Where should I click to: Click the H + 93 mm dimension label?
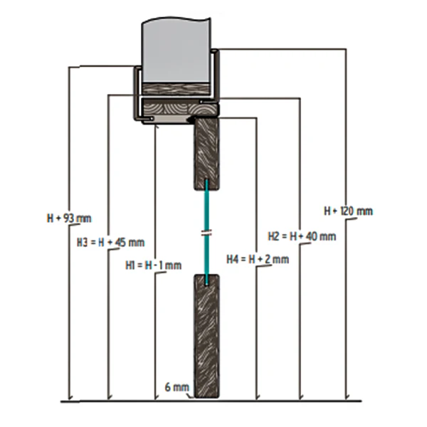click(x=70, y=218)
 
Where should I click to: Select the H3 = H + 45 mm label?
click(x=110, y=243)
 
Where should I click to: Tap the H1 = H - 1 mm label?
click(x=153, y=265)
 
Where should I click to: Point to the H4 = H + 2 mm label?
click(x=258, y=259)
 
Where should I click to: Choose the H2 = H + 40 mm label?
click(x=302, y=236)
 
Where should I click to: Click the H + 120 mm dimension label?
click(x=348, y=211)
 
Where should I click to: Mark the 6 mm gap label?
click(x=177, y=387)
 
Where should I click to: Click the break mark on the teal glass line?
click(x=206, y=233)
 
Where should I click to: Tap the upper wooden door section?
click(x=206, y=154)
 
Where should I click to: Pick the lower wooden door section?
click(x=206, y=336)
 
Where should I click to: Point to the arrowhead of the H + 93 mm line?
click(x=70, y=396)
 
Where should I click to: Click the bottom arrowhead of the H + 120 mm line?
click(x=347, y=396)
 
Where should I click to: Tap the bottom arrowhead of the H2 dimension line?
click(x=300, y=396)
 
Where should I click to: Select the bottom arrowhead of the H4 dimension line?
click(x=258, y=396)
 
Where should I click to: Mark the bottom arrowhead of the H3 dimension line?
click(x=109, y=396)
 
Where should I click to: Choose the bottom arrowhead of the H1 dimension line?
click(x=156, y=396)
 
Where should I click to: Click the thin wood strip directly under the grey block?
click(x=176, y=89)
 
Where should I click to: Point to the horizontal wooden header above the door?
click(x=180, y=107)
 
